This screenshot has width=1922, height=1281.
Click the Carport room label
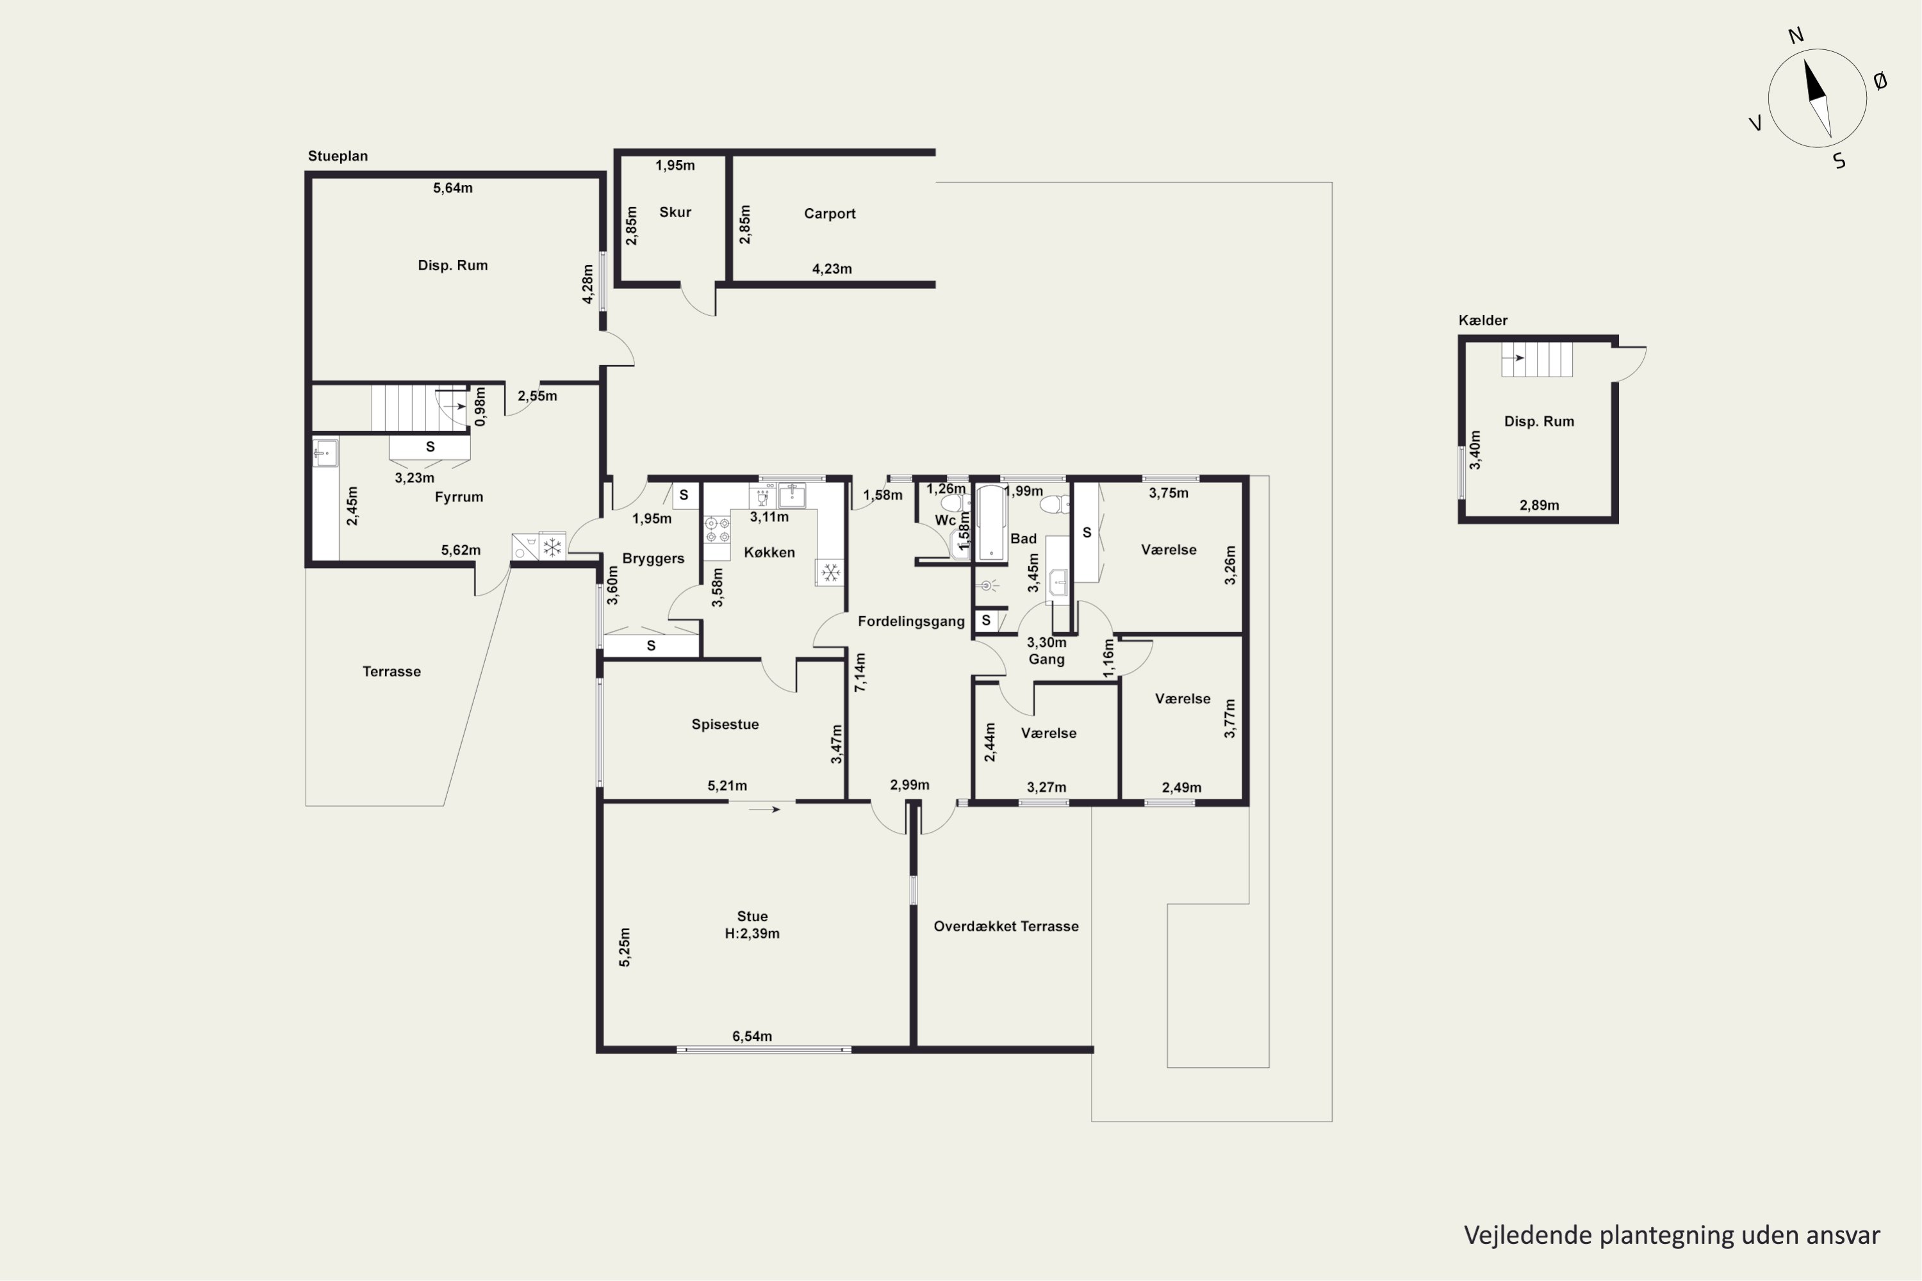[x=830, y=214]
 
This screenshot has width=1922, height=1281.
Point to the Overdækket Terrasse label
[x=1006, y=926]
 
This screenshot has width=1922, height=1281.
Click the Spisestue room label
[x=725, y=724]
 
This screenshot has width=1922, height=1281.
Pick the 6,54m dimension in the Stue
[x=752, y=1036]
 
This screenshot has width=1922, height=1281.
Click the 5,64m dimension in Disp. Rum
[x=453, y=188]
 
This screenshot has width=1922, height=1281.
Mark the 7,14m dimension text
[x=860, y=673]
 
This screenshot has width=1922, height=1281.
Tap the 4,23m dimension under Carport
[x=832, y=269]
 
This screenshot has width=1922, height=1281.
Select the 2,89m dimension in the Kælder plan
[x=1540, y=505]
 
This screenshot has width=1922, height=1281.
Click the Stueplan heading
[x=338, y=156]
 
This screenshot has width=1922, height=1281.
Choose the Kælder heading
[x=1483, y=320]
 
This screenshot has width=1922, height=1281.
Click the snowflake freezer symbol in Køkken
[x=830, y=573]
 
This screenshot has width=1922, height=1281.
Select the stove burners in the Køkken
[x=717, y=530]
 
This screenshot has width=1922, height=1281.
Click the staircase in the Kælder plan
[x=1537, y=359]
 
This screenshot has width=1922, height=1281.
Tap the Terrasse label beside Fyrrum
[x=391, y=671]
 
